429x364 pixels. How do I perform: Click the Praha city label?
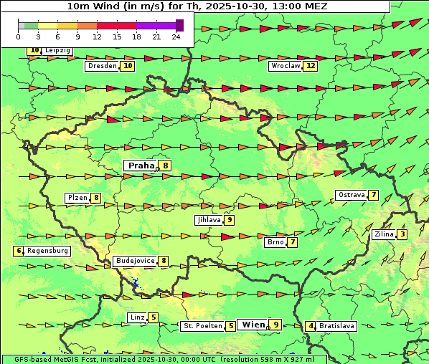coord(141,166)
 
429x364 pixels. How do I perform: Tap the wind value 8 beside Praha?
coord(166,166)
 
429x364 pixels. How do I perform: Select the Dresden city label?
coord(101,66)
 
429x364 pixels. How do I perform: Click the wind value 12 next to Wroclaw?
coord(310,66)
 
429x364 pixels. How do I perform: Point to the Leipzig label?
coord(57,51)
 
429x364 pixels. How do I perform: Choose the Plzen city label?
coord(77,198)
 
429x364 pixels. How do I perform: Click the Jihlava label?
coord(208,220)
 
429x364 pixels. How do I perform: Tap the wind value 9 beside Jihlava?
coord(230,220)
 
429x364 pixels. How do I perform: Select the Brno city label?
coord(275,242)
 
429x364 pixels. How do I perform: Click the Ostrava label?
coord(351,195)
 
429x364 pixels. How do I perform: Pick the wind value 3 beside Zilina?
coord(402,234)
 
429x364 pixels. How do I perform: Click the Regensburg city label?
coord(47,251)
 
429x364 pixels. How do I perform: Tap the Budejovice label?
coord(135,261)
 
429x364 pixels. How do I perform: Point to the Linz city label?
coord(137,317)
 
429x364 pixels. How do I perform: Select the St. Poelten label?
coord(202,326)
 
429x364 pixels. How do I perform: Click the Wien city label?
coord(253,325)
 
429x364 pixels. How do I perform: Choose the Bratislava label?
coord(337,326)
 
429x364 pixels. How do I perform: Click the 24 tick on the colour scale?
coord(176,37)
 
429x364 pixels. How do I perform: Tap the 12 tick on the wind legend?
coord(97,37)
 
